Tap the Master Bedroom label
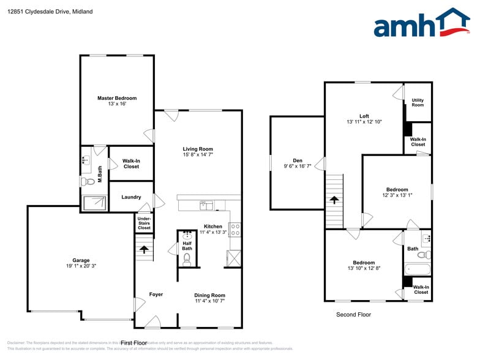[117, 98]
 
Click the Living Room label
[198, 149]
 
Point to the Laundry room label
[131, 197]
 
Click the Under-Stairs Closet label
[144, 223]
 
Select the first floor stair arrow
[144, 249]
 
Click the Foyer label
[156, 294]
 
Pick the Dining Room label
[210, 294]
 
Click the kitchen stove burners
[235, 230]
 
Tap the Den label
[298, 160]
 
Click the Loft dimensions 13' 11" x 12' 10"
[364, 122]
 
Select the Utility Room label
[418, 102]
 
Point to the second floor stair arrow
[334, 200]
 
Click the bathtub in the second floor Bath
[418, 269]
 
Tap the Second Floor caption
[353, 315]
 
